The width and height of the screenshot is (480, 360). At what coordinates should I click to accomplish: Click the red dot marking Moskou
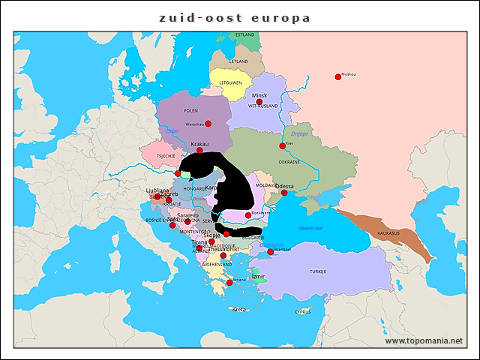(x=337, y=76)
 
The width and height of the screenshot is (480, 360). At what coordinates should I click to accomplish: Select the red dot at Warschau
(x=208, y=124)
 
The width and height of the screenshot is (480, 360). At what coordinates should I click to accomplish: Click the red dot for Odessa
(x=284, y=193)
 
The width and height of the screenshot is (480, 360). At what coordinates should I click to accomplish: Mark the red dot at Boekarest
(x=248, y=215)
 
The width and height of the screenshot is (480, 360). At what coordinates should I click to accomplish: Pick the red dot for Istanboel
(x=270, y=252)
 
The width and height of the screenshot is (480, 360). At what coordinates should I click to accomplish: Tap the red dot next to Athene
(x=229, y=283)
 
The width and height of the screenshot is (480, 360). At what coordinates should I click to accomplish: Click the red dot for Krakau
(x=199, y=150)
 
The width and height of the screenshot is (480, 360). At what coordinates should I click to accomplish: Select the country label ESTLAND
(x=244, y=34)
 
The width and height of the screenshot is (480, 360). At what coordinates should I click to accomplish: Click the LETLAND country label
(x=238, y=61)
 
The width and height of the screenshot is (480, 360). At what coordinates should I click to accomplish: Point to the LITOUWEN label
(x=229, y=82)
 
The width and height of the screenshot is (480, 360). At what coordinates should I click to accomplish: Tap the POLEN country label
(x=190, y=110)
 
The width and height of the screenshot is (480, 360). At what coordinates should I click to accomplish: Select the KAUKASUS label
(x=388, y=233)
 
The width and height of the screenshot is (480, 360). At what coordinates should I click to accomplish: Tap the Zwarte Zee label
(x=310, y=226)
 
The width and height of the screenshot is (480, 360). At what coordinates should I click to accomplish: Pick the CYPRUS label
(x=302, y=312)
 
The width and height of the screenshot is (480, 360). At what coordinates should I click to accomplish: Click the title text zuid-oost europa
(x=234, y=17)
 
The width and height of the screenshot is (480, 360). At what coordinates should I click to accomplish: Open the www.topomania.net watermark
(x=424, y=341)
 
